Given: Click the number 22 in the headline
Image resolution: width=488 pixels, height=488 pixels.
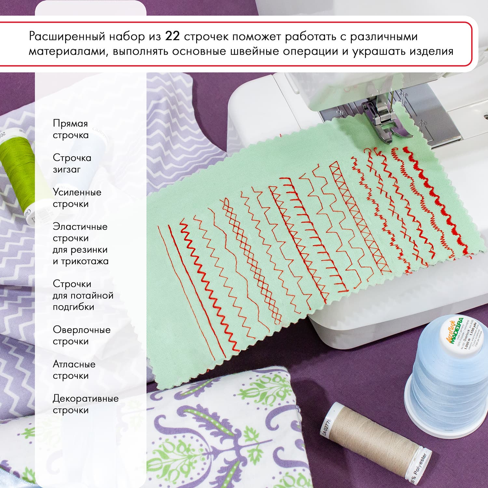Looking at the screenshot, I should pos(172,36).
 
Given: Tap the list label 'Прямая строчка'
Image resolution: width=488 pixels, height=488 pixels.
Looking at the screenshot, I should pos(71,129).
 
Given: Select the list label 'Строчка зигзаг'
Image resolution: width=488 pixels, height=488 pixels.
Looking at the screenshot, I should pos(72,164).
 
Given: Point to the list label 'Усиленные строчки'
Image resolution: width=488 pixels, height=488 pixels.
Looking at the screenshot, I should pos(77,198).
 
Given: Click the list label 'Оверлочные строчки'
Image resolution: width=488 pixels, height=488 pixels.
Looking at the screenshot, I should pos(81,335).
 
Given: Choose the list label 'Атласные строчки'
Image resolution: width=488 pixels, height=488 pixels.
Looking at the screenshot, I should pos(74,370).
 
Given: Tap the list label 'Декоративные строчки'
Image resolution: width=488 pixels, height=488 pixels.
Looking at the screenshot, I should pos(85,404).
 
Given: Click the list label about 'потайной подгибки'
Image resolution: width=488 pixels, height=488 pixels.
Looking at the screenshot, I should pos(83,295).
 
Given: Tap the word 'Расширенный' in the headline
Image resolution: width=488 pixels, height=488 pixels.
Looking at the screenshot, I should pos(67,36).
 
